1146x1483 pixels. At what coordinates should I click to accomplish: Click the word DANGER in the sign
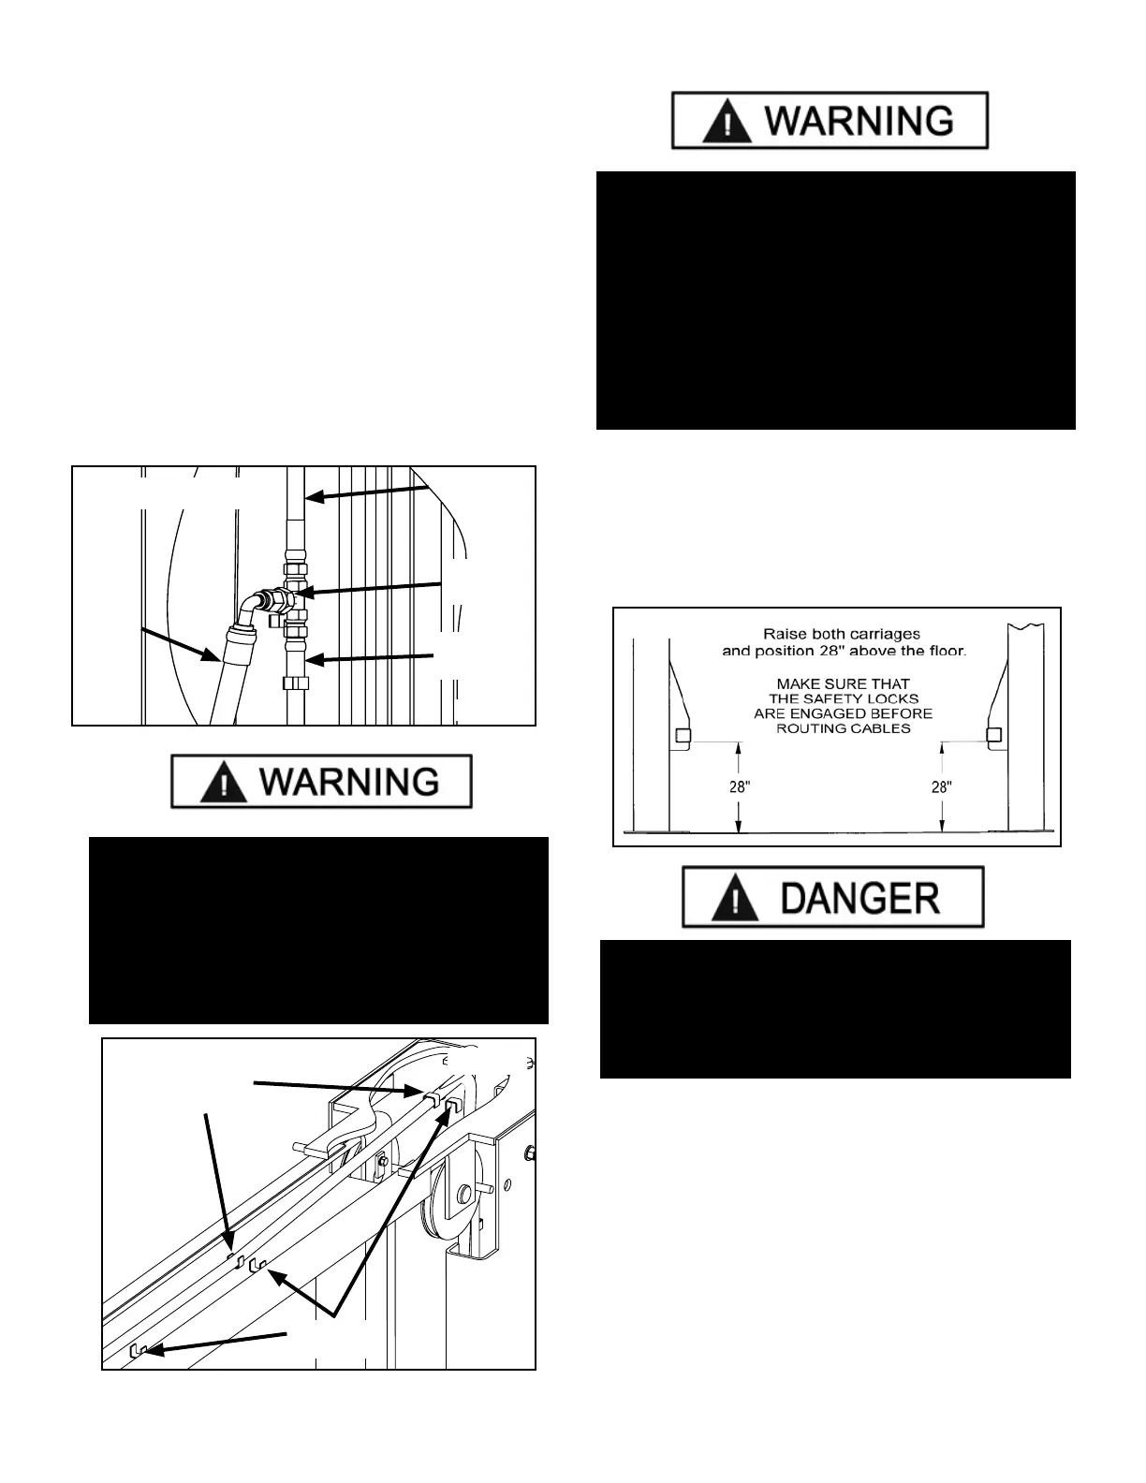(x=859, y=898)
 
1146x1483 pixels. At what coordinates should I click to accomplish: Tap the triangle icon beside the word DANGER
(x=736, y=899)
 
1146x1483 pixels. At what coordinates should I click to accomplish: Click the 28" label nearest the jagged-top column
(x=941, y=787)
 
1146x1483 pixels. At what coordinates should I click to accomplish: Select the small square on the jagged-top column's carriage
(x=993, y=735)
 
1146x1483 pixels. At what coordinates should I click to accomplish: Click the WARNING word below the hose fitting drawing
(x=348, y=782)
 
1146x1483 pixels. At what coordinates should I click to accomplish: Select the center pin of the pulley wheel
(x=463, y=1195)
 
